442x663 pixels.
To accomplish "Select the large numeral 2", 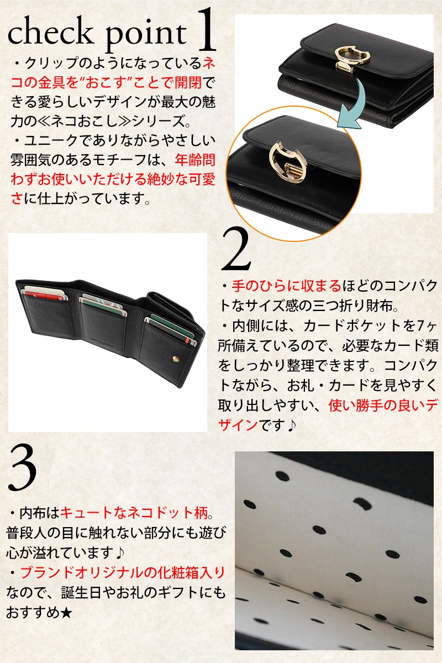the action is (x=236, y=249).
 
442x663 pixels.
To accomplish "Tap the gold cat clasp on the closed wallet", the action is (x=352, y=59).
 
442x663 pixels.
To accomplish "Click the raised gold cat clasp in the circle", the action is (x=288, y=161).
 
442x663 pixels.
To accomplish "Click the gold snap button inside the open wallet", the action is (x=176, y=359).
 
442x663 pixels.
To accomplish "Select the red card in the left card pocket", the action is (x=44, y=295).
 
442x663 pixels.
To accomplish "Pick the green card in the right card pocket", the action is (x=172, y=327).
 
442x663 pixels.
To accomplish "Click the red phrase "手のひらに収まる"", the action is (x=287, y=286).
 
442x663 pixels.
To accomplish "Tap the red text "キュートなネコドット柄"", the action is (x=135, y=513).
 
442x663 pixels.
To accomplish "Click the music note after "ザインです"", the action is (x=291, y=425).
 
